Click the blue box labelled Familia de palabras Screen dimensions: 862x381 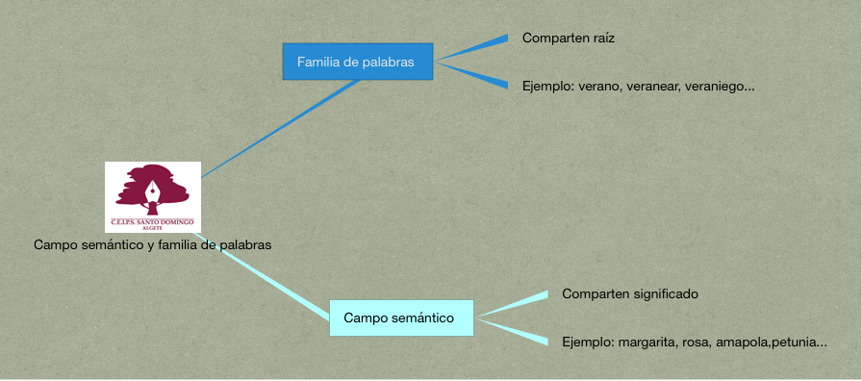(x=358, y=62)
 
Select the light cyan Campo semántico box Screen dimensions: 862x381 (x=401, y=317)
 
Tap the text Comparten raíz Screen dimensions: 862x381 (x=569, y=38)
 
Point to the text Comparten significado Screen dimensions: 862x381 (x=630, y=294)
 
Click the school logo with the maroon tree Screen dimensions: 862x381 (x=153, y=197)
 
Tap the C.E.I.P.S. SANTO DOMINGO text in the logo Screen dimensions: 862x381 (x=153, y=222)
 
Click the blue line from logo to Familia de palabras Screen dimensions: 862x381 (x=280, y=129)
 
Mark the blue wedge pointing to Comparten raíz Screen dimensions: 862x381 (x=471, y=47)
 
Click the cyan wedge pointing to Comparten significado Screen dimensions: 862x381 (x=513, y=304)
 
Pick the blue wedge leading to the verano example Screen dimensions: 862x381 (x=471, y=76)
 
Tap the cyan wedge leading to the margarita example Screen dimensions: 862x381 (x=513, y=332)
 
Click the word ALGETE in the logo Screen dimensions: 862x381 (x=153, y=228)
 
